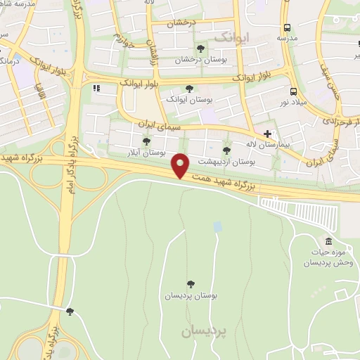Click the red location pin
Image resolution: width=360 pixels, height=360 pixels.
[181, 165]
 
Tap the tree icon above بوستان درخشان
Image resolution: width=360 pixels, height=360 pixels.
[201, 49]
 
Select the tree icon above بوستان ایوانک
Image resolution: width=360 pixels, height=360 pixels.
[188, 89]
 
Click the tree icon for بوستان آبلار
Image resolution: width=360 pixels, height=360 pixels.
[146, 141]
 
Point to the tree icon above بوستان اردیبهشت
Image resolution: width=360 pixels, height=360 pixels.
[226, 150]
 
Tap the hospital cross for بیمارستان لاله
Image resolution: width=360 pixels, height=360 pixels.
[267, 133]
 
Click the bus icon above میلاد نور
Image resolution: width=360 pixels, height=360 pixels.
[292, 91]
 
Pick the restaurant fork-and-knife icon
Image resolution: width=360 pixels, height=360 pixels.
[96, 88]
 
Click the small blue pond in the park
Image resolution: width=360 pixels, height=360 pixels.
[217, 226]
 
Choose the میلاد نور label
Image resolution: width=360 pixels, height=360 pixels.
[292, 103]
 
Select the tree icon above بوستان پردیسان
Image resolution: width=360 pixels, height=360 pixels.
[191, 284]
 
